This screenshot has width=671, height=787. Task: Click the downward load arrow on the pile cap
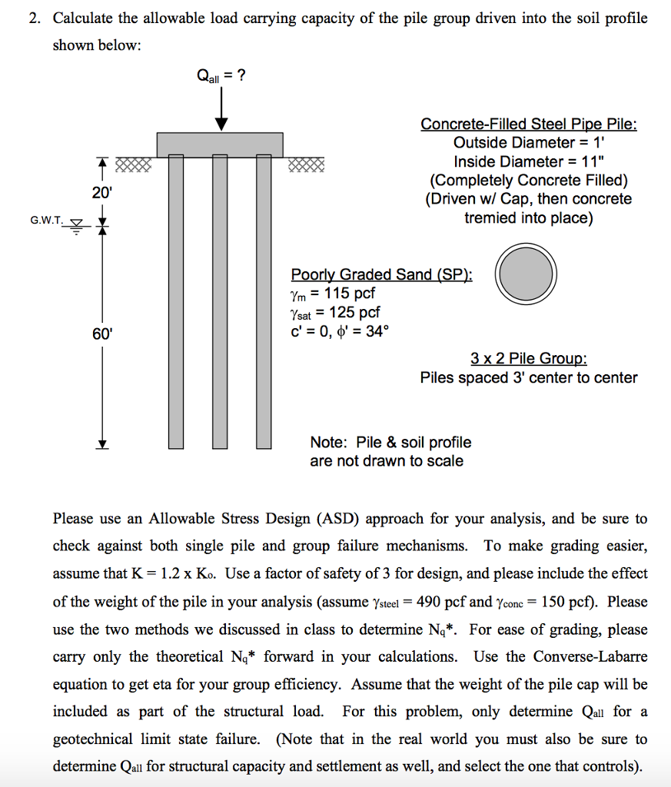[222, 108]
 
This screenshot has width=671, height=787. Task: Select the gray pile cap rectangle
[220, 144]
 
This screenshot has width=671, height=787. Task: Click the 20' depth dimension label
[101, 193]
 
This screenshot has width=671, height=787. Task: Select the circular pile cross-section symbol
[527, 274]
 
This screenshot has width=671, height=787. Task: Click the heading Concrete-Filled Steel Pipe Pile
[529, 125]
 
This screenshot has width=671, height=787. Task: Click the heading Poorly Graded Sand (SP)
[382, 274]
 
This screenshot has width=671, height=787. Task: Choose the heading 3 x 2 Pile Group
[529, 358]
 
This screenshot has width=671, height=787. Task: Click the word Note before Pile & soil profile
[329, 443]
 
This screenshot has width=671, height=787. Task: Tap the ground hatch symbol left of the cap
[133, 164]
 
